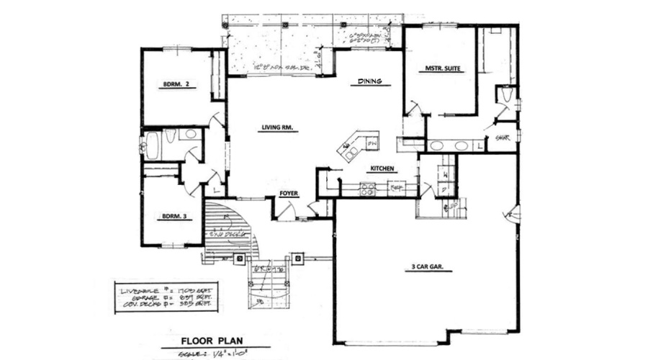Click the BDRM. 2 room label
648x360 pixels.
click(x=178, y=84)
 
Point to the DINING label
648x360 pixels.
click(x=369, y=81)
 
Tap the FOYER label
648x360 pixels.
click(x=289, y=194)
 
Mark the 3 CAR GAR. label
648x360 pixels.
click(x=427, y=267)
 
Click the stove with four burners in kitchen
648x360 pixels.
click(x=368, y=189)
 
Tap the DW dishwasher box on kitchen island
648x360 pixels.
click(x=372, y=143)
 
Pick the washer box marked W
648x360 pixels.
click(x=446, y=174)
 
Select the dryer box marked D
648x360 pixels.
click(x=446, y=190)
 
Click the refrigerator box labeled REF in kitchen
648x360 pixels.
click(x=395, y=189)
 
